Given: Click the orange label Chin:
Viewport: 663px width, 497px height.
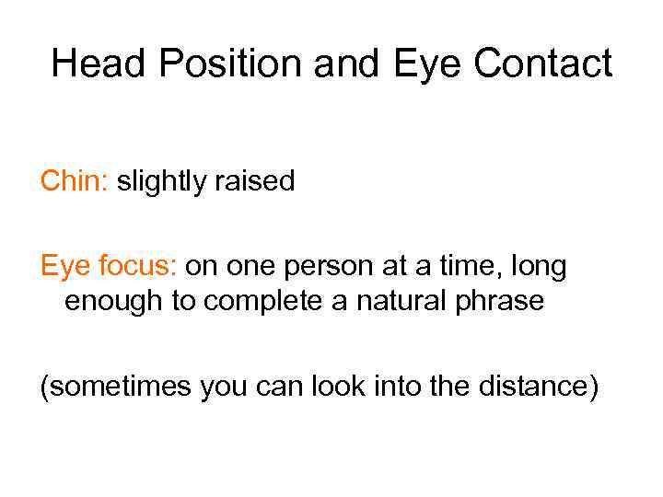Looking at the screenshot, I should tap(75, 181).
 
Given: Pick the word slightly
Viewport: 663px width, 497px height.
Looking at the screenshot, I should tap(160, 181).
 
